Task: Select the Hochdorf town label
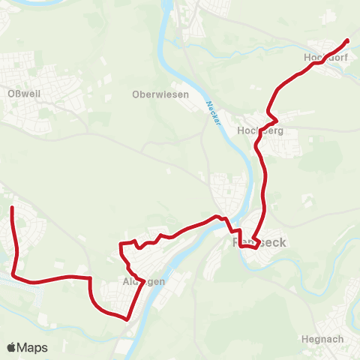point(323,58)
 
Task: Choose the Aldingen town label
point(143,282)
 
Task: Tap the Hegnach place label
point(322,339)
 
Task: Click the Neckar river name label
point(214,112)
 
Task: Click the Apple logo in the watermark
point(11,347)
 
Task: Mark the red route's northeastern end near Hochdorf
point(347,40)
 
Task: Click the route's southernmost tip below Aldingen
point(127,319)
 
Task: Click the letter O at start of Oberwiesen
point(135,94)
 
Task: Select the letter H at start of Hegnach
point(304,339)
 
